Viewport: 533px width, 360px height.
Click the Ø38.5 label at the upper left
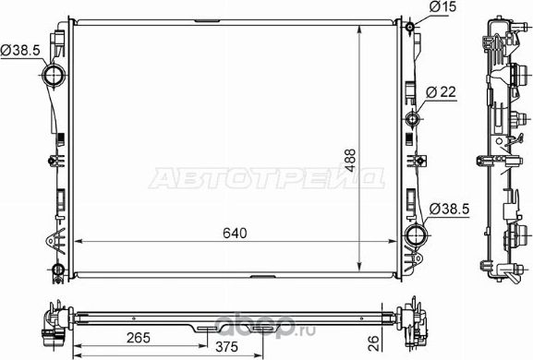(18, 50)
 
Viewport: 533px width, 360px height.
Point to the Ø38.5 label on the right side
(451, 210)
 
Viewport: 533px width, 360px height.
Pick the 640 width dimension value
(234, 233)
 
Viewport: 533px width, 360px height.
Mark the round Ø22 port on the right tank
(412, 117)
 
